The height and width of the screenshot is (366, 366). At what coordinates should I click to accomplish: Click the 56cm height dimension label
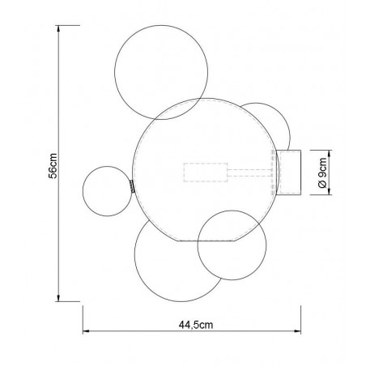coord(53,166)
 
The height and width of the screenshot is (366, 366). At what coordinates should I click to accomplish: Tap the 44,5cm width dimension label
coord(196,325)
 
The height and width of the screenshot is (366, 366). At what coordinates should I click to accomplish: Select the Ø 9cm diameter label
coord(322,172)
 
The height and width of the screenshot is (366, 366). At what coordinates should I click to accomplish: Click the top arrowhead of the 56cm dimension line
coord(58,28)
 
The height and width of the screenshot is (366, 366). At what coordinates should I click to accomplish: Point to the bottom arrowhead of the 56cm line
coord(58,298)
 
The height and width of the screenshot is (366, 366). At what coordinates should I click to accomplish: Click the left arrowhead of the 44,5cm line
coord(86,330)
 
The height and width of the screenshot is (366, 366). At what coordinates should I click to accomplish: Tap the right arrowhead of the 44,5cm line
coord(298,330)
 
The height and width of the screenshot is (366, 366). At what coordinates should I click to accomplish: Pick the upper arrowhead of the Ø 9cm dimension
coord(330,153)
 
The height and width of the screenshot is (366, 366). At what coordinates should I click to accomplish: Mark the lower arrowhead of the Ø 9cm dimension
coord(330,192)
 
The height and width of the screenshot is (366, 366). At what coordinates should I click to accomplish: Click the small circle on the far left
coord(83,191)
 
